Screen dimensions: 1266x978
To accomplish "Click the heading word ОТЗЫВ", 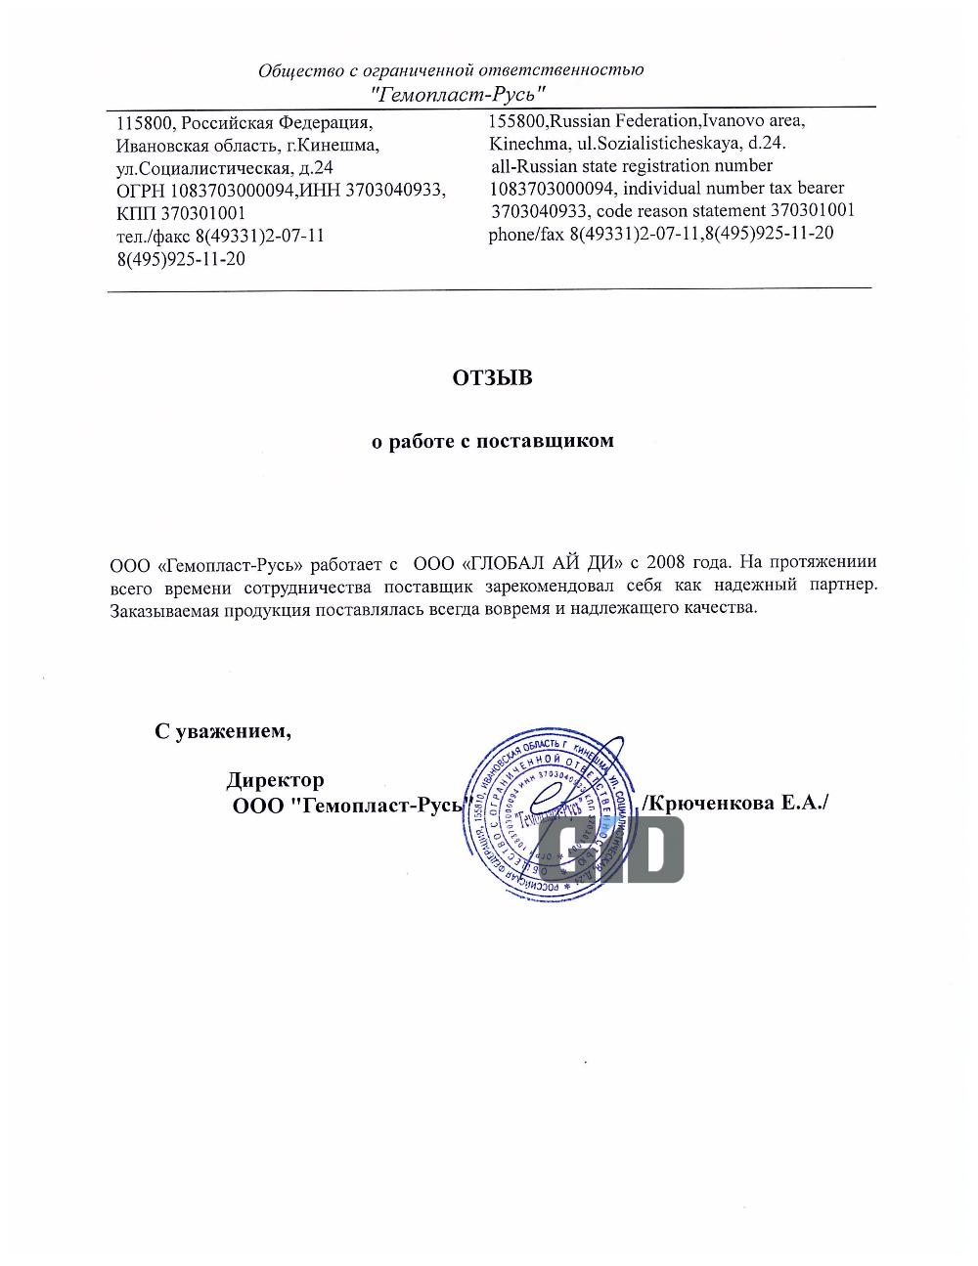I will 492,377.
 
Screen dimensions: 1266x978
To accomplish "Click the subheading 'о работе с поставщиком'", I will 492,441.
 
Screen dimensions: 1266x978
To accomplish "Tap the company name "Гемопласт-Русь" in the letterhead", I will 458,94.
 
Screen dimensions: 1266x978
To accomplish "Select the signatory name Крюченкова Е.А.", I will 734,803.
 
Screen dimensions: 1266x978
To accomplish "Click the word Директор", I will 275,780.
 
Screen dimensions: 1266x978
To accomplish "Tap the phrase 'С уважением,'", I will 223,730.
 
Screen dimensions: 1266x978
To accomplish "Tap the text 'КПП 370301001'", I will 181,213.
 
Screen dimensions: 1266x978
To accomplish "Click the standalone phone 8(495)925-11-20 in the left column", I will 181,259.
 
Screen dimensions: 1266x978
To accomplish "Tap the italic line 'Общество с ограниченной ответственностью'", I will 451,70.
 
